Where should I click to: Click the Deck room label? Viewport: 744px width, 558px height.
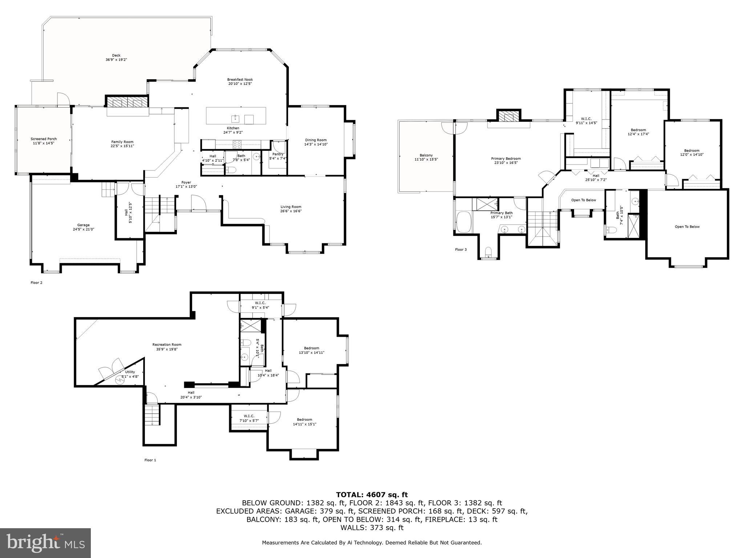(x=116, y=56)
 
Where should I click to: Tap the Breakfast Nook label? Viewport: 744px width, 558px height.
(x=240, y=80)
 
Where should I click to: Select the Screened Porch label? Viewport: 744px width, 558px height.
(x=44, y=139)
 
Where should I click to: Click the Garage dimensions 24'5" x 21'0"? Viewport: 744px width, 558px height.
(x=83, y=229)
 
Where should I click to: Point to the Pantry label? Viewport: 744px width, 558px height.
(x=278, y=154)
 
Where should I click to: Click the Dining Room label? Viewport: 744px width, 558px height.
(x=316, y=140)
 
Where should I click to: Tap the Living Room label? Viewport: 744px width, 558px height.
(x=291, y=207)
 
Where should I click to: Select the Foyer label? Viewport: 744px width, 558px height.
(x=186, y=182)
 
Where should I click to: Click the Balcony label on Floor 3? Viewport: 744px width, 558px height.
(x=426, y=155)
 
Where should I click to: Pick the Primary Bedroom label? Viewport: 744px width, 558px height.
(x=506, y=158)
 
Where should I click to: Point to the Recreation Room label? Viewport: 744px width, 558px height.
(x=167, y=344)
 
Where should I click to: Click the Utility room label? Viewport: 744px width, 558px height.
(x=130, y=372)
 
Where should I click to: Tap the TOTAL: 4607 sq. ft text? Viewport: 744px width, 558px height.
(x=372, y=494)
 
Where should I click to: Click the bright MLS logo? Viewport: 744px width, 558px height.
(x=45, y=543)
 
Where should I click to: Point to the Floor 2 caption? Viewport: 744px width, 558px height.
(x=36, y=282)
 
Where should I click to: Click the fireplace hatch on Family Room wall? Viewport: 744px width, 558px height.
(x=127, y=102)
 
